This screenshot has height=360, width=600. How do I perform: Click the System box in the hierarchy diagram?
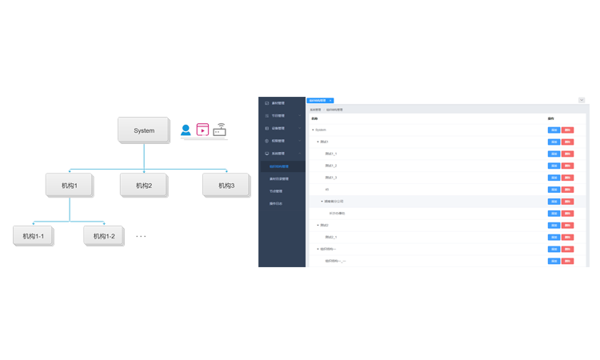[x=144, y=130]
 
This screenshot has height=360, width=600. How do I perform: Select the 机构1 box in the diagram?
[x=69, y=186]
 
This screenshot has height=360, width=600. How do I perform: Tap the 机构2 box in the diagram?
[x=144, y=186]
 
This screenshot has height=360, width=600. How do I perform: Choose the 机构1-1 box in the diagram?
[x=34, y=236]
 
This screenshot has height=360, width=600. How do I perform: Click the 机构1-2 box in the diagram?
[x=104, y=236]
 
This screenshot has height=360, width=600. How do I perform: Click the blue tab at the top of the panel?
[x=320, y=101]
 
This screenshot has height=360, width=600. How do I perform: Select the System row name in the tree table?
[x=321, y=130]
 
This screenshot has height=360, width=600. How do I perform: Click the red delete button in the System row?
[x=568, y=130]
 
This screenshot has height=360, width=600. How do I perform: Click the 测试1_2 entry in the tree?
[x=331, y=166]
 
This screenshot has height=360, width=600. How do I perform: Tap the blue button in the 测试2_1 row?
[x=554, y=238]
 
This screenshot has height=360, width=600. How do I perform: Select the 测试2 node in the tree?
[x=324, y=226]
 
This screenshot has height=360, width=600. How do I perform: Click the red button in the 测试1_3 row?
[x=568, y=178]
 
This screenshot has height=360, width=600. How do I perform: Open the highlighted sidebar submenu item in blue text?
[x=279, y=166]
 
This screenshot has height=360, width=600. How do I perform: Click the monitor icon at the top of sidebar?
[x=266, y=103]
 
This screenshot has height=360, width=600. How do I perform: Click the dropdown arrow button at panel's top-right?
[x=582, y=100]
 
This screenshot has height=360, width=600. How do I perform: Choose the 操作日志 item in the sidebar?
[x=277, y=204]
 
